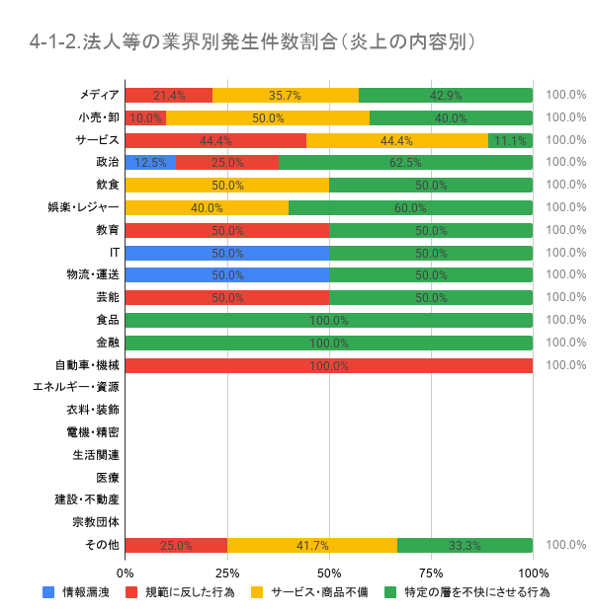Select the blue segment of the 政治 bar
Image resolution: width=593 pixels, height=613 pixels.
[150, 162]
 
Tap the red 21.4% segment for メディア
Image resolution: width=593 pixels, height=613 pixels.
[169, 95]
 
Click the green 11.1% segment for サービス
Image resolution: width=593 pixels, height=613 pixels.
[510, 140]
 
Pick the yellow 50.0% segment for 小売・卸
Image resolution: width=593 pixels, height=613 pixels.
[268, 117]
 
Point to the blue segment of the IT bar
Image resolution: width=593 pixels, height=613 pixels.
[227, 253]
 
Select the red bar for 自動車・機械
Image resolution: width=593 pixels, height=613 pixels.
[329, 365]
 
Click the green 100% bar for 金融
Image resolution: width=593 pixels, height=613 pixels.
[329, 343]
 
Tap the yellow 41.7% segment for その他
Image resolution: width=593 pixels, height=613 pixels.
[312, 545]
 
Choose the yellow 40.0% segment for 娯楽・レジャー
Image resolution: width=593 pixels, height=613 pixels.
[207, 207]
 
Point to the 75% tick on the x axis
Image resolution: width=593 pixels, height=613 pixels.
[431, 572]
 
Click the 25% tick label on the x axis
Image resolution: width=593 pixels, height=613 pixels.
[227, 572]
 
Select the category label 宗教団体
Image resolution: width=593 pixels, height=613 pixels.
[96, 522]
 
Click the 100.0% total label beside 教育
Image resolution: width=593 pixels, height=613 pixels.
[566, 230]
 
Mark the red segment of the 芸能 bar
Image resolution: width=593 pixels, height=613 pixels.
[227, 297]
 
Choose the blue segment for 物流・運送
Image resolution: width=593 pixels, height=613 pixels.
[227, 274]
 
